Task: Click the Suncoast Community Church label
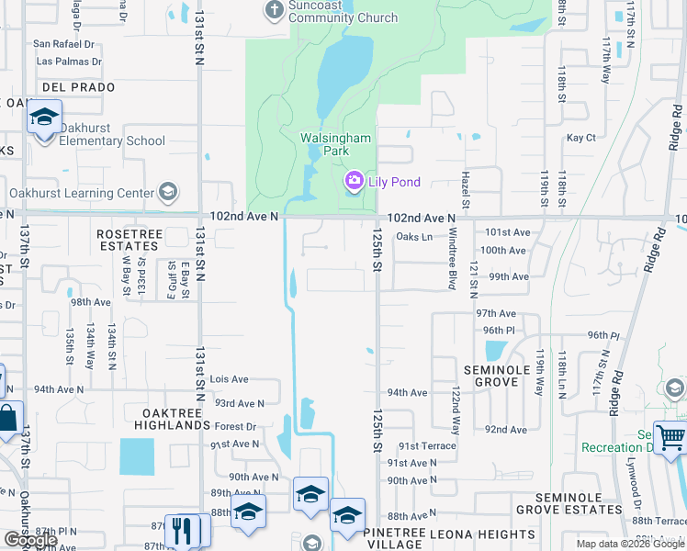(343, 12)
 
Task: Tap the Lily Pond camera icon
(354, 182)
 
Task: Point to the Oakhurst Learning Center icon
(166, 192)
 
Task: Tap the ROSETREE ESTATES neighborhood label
(130, 241)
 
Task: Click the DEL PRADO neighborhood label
(78, 87)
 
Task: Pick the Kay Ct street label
(580, 138)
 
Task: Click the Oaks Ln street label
(413, 237)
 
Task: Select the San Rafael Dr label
(64, 43)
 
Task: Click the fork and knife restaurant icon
(182, 530)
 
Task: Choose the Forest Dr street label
(235, 427)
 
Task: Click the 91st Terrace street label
(421, 445)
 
